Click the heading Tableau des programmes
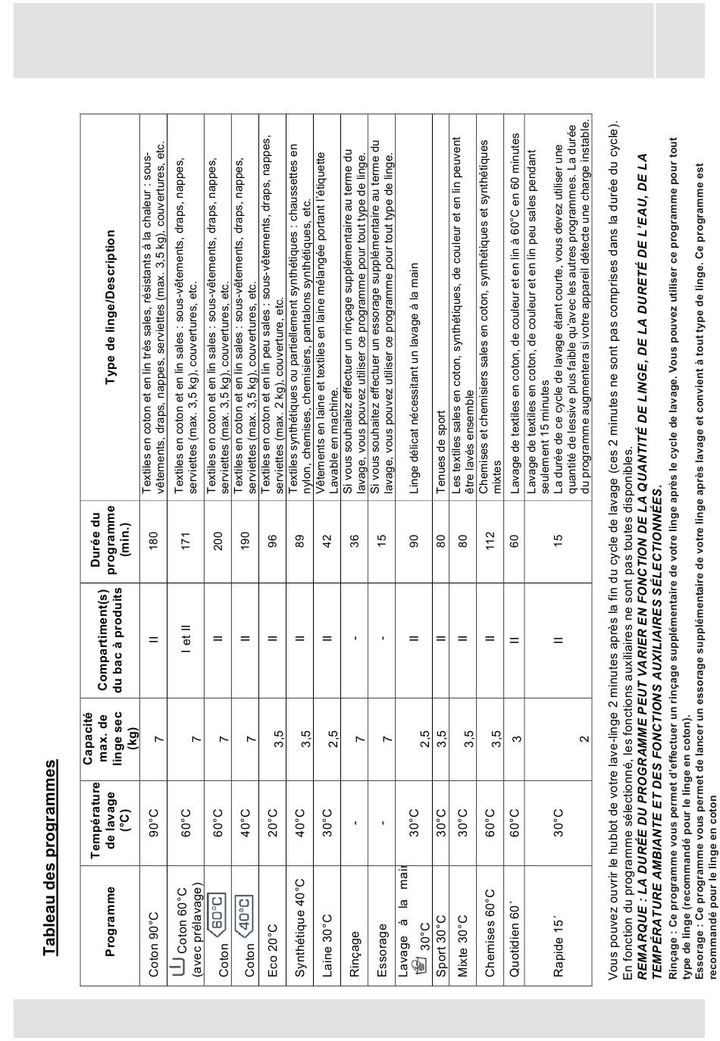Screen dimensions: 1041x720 point(50,851)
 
